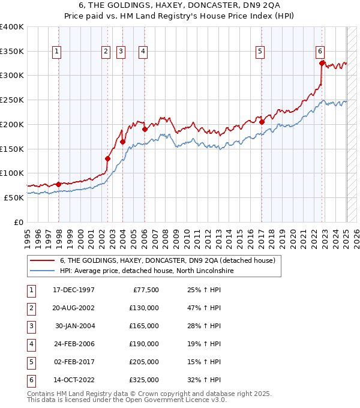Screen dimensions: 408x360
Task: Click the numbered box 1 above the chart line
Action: coord(56,52)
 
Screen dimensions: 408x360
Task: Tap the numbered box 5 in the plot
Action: coord(260,52)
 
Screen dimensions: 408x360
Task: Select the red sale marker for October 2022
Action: coord(322,63)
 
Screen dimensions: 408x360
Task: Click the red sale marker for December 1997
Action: coord(58,184)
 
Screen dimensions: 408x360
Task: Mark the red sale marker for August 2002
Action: coord(108,158)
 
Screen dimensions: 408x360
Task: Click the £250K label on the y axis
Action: coord(12,100)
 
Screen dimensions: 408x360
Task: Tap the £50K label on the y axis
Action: coord(14,197)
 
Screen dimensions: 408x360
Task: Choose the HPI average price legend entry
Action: coord(146,271)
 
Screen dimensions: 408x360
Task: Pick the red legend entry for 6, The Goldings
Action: coord(167,260)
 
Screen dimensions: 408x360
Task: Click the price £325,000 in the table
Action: coord(144,380)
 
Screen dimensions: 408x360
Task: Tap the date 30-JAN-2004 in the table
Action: coord(74,326)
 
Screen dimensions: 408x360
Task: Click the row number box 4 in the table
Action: coord(30,344)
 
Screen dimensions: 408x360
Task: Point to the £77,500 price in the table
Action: coord(146,290)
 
